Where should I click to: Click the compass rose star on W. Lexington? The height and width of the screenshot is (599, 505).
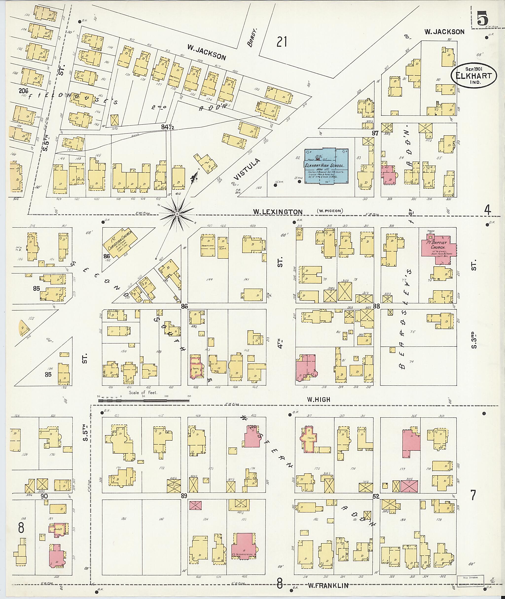click(x=177, y=214)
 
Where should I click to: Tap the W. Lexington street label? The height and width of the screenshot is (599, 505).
click(x=277, y=212)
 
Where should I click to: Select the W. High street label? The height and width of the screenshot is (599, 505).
click(x=318, y=399)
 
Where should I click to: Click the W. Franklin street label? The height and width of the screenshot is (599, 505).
click(x=328, y=586)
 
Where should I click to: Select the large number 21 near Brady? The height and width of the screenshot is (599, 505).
click(x=282, y=42)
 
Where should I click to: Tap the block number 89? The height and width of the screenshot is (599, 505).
click(x=184, y=496)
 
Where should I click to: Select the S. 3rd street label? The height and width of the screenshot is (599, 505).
click(x=474, y=340)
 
